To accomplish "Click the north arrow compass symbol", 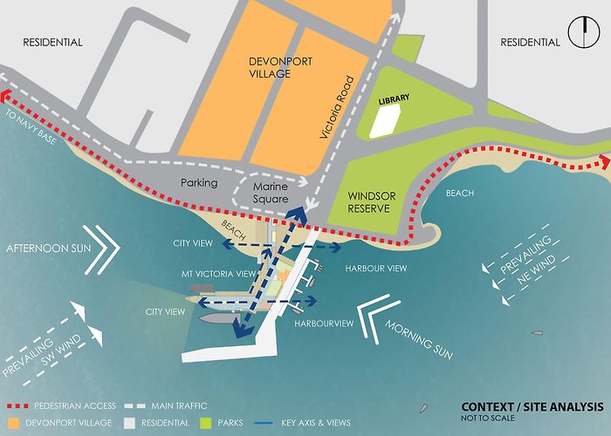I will click(x=581, y=34).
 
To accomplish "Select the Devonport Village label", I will click(x=281, y=67).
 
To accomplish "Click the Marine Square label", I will click(x=270, y=193).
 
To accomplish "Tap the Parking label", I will click(x=198, y=184).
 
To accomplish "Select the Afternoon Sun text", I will click(x=50, y=249).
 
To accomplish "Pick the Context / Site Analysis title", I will click(x=532, y=407).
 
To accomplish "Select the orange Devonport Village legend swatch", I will click(x=16, y=423).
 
